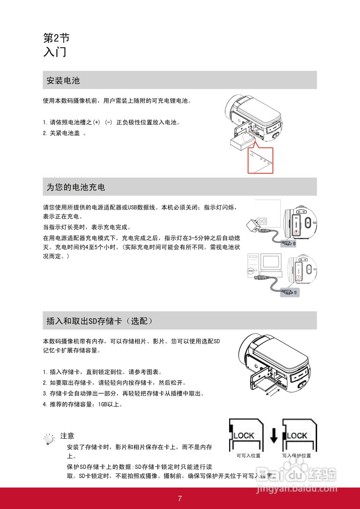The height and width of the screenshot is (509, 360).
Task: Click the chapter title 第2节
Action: [x=56, y=38]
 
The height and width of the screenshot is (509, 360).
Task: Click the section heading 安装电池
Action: [x=63, y=81]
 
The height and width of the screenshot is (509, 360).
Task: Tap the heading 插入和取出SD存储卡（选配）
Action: [x=99, y=321]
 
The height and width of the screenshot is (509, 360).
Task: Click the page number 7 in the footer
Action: [x=180, y=499]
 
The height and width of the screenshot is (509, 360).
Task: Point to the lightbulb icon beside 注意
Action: [x=49, y=439]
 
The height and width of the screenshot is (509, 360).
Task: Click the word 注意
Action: [x=67, y=436]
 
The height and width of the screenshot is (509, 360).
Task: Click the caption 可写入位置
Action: [x=248, y=456]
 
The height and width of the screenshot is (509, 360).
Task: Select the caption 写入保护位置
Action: [x=297, y=456]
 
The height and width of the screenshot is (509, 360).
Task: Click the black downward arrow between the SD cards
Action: [x=273, y=435]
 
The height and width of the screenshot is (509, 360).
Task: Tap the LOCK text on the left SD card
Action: [x=244, y=435]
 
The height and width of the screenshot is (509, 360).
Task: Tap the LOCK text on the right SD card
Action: [x=297, y=435]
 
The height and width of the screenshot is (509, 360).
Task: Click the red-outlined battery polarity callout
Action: [x=261, y=160]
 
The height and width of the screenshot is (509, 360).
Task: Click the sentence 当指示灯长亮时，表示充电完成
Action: [x=86, y=227]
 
